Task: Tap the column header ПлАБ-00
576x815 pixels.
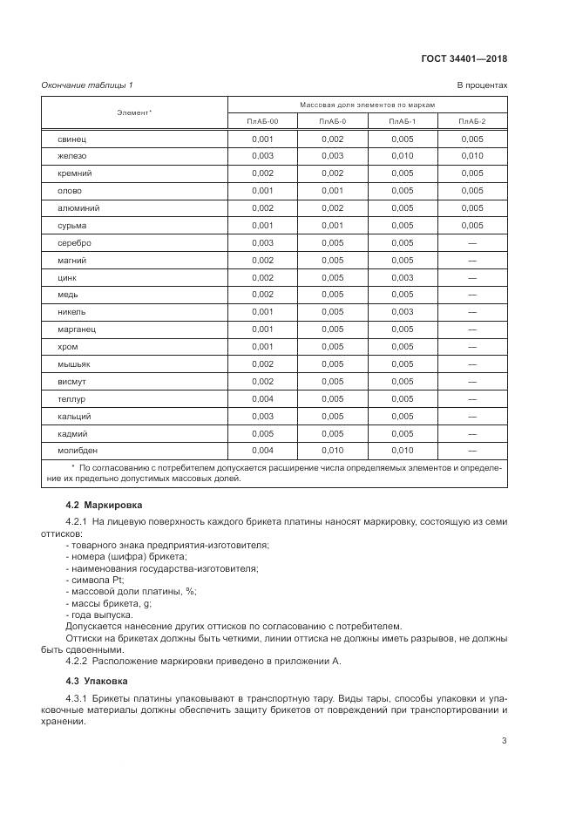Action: pyautogui.click(x=262, y=121)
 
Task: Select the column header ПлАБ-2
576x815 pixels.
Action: pyautogui.click(x=472, y=121)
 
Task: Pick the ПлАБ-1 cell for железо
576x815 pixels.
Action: pyautogui.click(x=403, y=157)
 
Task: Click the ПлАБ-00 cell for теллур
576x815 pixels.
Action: pyautogui.click(x=262, y=398)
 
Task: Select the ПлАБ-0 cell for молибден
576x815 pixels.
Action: pyautogui.click(x=332, y=451)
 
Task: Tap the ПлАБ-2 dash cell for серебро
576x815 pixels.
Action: pyautogui.click(x=472, y=243)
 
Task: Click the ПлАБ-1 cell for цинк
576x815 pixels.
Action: pyautogui.click(x=403, y=277)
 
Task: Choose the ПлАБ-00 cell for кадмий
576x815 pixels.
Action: pyautogui.click(x=262, y=433)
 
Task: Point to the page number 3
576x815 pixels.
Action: pyautogui.click(x=505, y=741)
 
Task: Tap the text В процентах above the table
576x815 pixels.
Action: pyautogui.click(x=482, y=85)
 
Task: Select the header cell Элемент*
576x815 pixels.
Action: pyautogui.click(x=134, y=112)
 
